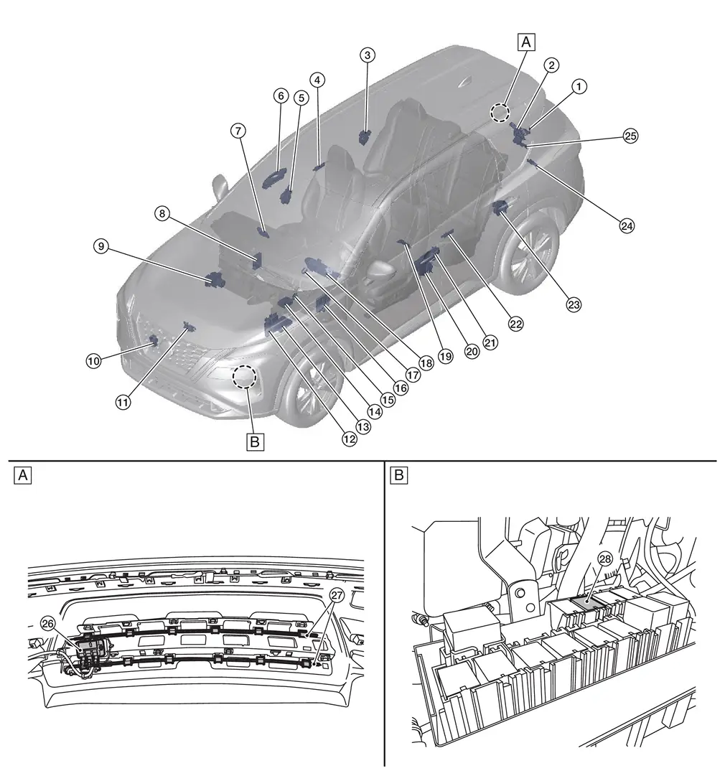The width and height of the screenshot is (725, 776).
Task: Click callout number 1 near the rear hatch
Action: click(x=579, y=86)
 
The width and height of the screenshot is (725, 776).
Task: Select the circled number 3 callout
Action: click(x=367, y=55)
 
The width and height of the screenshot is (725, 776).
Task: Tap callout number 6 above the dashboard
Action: click(x=280, y=95)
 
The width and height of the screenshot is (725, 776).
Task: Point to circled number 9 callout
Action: click(x=101, y=246)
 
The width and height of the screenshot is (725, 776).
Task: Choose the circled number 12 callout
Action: click(x=350, y=439)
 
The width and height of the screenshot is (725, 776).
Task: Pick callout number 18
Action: click(x=427, y=363)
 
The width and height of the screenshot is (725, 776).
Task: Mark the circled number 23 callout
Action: click(x=574, y=304)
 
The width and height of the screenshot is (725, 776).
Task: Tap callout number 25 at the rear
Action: click(x=630, y=135)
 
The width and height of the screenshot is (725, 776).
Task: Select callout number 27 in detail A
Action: click(x=337, y=595)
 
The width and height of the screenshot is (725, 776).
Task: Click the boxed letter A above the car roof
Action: click(x=526, y=43)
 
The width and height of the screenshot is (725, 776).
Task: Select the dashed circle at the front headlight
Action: click(x=245, y=375)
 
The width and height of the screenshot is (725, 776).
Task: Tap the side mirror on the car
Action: click(x=219, y=187)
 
